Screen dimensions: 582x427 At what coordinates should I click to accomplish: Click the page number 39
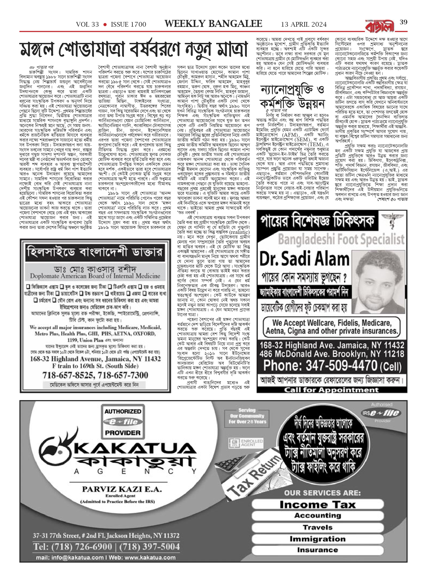click(403, 22)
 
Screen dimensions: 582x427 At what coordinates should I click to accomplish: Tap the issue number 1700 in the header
click(135, 25)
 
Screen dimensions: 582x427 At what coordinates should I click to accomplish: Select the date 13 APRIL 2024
click(304, 25)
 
